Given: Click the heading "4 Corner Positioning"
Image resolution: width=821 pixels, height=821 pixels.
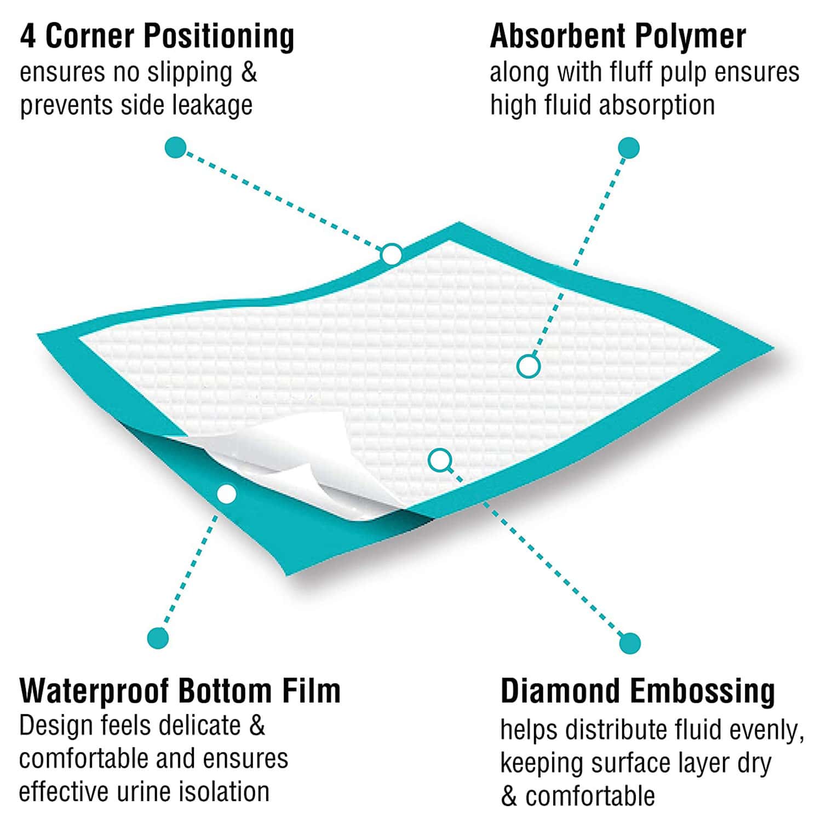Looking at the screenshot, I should (x=157, y=36).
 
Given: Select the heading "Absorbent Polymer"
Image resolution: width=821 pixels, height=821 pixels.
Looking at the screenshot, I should (x=618, y=36).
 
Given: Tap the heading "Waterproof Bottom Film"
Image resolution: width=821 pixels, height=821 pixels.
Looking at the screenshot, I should (x=180, y=691).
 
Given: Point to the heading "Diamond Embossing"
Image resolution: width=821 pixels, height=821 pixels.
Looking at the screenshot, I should (x=638, y=691).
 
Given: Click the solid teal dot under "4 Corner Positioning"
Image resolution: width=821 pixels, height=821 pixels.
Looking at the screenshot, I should (x=175, y=148).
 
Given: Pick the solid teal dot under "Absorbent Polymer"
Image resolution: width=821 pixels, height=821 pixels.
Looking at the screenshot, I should (x=629, y=148).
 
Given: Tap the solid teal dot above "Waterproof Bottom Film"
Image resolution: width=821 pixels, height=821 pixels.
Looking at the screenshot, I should (x=158, y=638).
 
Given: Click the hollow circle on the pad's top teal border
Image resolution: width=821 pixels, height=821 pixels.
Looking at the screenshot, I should (x=392, y=255).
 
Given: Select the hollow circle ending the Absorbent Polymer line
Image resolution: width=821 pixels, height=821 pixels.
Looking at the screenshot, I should (x=529, y=366).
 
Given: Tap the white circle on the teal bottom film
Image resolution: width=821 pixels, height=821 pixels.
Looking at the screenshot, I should (x=226, y=494).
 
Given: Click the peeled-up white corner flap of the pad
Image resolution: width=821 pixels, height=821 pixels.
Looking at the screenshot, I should (x=307, y=455).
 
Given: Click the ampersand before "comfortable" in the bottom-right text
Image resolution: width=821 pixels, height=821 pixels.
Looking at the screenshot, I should (x=509, y=797).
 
